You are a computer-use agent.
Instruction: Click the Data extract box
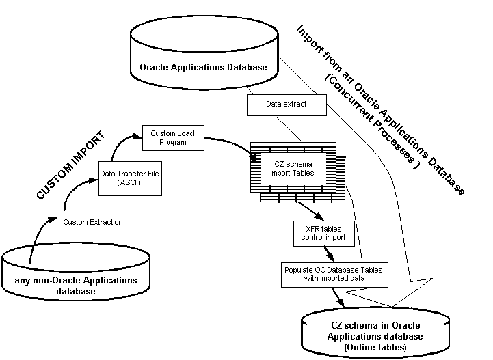point(286,105)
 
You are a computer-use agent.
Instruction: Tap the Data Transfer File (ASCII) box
point(130,178)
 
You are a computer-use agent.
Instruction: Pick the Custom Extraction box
point(94,222)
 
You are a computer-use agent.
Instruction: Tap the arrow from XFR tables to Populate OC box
point(330,253)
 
